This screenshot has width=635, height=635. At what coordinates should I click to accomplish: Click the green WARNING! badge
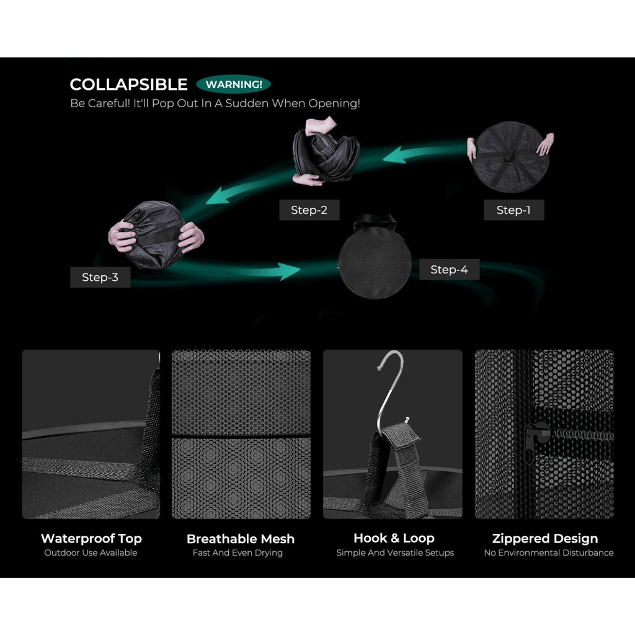[233, 84]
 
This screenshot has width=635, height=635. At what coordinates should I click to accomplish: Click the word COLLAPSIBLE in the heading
[128, 84]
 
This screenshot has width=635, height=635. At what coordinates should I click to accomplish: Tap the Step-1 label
[513, 210]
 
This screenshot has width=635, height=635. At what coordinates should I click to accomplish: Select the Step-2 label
[309, 210]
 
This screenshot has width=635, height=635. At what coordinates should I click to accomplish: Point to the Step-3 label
[100, 277]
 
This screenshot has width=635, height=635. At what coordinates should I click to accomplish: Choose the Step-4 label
[449, 269]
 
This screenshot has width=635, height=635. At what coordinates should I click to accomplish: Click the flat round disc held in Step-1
[511, 157]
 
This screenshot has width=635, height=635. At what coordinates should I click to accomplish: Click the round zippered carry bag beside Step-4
[375, 260]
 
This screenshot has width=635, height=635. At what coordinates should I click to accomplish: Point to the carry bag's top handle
[374, 220]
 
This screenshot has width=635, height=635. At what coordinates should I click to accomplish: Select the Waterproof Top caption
[91, 538]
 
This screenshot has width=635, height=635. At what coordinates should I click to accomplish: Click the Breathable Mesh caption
[241, 539]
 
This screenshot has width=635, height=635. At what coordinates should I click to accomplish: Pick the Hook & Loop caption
[394, 538]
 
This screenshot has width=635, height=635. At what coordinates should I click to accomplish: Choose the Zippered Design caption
[545, 538]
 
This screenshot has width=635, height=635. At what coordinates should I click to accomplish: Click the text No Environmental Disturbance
[549, 553]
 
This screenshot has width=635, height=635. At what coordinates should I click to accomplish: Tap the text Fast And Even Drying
[238, 553]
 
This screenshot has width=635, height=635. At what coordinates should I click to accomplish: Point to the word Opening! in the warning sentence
[334, 104]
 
